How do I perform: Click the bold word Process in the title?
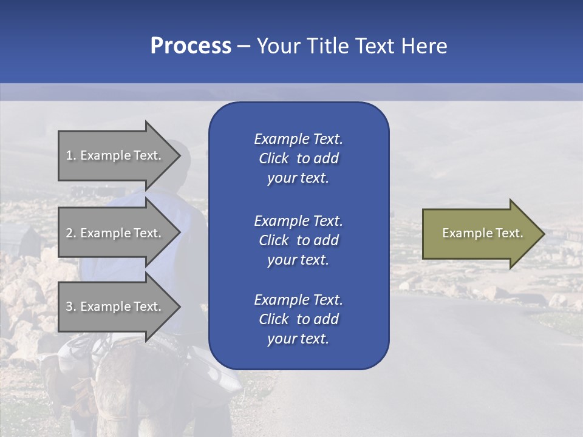[x=191, y=46]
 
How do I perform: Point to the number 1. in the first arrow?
[x=71, y=155]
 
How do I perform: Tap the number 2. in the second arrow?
[x=71, y=233]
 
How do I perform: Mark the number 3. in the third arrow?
[x=71, y=307]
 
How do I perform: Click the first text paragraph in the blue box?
[x=298, y=158]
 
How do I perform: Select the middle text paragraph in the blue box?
[x=298, y=240]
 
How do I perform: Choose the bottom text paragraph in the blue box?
[x=298, y=319]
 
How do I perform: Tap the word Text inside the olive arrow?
[x=510, y=233]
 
